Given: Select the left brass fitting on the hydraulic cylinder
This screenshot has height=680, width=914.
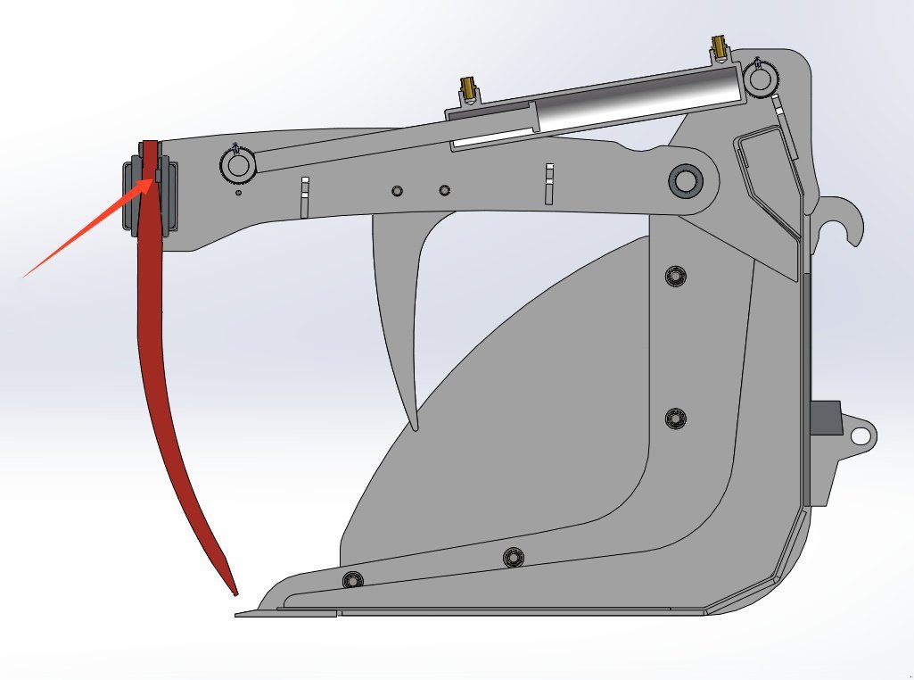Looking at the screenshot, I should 468,89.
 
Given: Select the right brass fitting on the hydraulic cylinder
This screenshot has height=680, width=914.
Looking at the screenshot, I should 718,47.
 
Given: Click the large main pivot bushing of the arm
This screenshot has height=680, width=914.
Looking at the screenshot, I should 685,181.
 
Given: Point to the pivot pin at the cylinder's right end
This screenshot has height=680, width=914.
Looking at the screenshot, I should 762,80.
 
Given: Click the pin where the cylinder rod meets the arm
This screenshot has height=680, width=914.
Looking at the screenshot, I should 237,165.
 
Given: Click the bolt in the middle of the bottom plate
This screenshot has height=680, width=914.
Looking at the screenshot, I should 513,558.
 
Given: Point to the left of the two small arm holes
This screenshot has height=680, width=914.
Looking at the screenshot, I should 397,190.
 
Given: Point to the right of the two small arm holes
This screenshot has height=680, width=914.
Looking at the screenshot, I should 444,189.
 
